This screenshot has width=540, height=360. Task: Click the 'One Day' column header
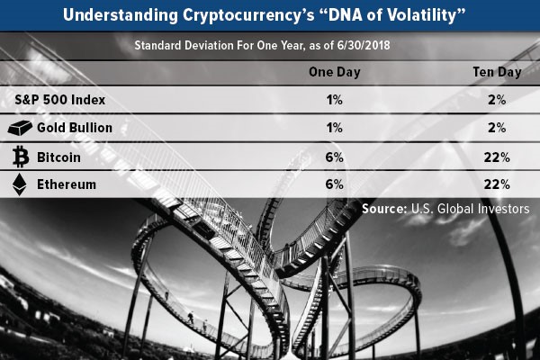[335, 72]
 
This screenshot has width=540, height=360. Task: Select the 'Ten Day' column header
[497, 72]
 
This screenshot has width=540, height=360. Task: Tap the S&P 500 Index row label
[60, 100]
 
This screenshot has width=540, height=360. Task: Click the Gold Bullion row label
[75, 128]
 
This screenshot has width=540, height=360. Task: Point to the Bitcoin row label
[58, 157]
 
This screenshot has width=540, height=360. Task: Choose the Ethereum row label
[67, 184]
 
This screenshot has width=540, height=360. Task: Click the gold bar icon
[20, 128]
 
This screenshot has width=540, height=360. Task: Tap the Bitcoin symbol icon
[21, 157]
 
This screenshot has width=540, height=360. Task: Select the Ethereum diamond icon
[19, 184]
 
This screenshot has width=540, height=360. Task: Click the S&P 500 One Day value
[335, 100]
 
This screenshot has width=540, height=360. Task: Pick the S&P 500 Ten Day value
[497, 100]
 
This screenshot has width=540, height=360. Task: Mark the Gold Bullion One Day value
[335, 128]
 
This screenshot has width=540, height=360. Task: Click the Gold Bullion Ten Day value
[497, 128]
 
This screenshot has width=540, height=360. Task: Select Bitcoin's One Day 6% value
[335, 157]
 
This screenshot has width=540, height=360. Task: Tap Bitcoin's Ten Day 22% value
[497, 157]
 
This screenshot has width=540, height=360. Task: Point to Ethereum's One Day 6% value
[335, 184]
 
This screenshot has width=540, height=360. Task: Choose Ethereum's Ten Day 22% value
[497, 184]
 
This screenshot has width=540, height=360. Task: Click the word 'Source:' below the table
[384, 209]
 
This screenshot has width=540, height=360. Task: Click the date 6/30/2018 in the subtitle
[364, 46]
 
